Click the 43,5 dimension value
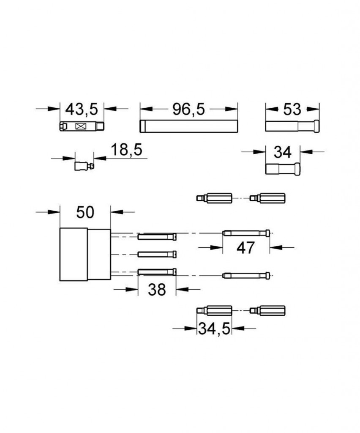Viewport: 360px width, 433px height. [x=82, y=109]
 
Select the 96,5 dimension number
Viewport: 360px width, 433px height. [x=189, y=109]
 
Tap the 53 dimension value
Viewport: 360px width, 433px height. [x=292, y=110]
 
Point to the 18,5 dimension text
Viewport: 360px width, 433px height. [x=127, y=150]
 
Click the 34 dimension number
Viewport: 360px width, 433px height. [x=283, y=152]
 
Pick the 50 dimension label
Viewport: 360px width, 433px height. [x=85, y=212]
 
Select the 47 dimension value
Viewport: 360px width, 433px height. [x=245, y=248]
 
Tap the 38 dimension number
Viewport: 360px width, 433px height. [x=157, y=290]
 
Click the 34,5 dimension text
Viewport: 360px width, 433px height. [x=214, y=329]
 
